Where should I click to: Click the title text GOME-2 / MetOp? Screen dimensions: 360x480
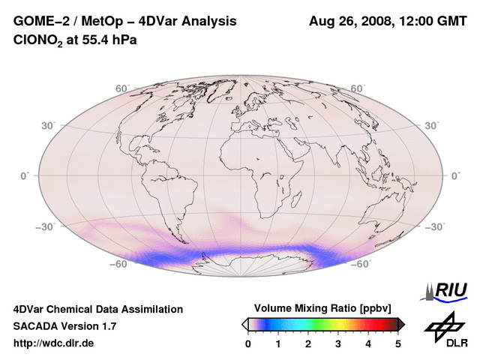(x=67, y=22)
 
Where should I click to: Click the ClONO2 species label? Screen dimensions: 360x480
(x=38, y=39)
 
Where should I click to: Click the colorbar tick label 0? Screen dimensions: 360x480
(x=248, y=343)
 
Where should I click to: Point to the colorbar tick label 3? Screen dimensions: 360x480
(x=338, y=343)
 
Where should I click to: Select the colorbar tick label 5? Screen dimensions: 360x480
(x=398, y=343)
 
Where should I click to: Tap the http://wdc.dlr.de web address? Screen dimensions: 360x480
(x=54, y=343)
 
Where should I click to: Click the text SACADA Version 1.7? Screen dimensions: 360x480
(x=64, y=326)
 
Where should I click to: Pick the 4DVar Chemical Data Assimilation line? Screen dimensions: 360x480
(x=97, y=309)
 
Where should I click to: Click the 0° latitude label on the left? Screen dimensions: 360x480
(x=25, y=175)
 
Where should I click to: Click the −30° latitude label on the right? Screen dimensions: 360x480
(x=435, y=227)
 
